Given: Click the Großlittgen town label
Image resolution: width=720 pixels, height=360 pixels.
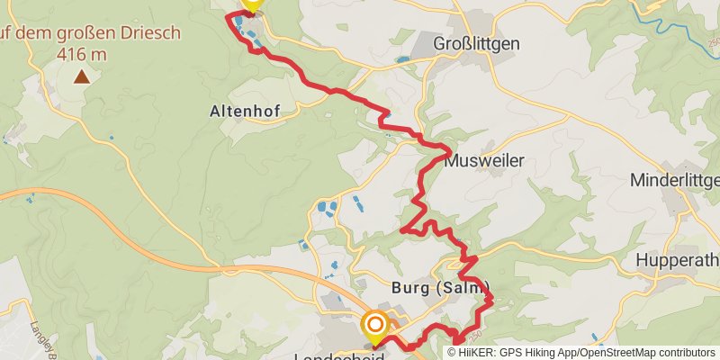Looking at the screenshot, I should [477, 43].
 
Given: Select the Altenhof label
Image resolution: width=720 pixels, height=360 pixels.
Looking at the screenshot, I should [245, 112].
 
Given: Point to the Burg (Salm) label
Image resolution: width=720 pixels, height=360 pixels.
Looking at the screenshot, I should [441, 288].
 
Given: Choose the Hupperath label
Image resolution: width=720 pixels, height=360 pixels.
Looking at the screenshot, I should [678, 260].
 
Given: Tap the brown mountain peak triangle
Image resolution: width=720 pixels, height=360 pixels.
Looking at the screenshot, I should [82, 76].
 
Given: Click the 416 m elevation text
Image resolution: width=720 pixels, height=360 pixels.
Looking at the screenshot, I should [82, 55].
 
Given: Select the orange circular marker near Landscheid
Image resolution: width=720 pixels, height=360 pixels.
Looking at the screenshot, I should [374, 324].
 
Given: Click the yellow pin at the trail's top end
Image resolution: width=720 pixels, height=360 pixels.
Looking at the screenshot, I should [251, 4].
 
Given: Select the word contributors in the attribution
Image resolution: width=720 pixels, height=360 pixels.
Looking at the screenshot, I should [687, 353].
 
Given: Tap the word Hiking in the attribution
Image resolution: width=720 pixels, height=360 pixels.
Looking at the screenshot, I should [540, 353].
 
